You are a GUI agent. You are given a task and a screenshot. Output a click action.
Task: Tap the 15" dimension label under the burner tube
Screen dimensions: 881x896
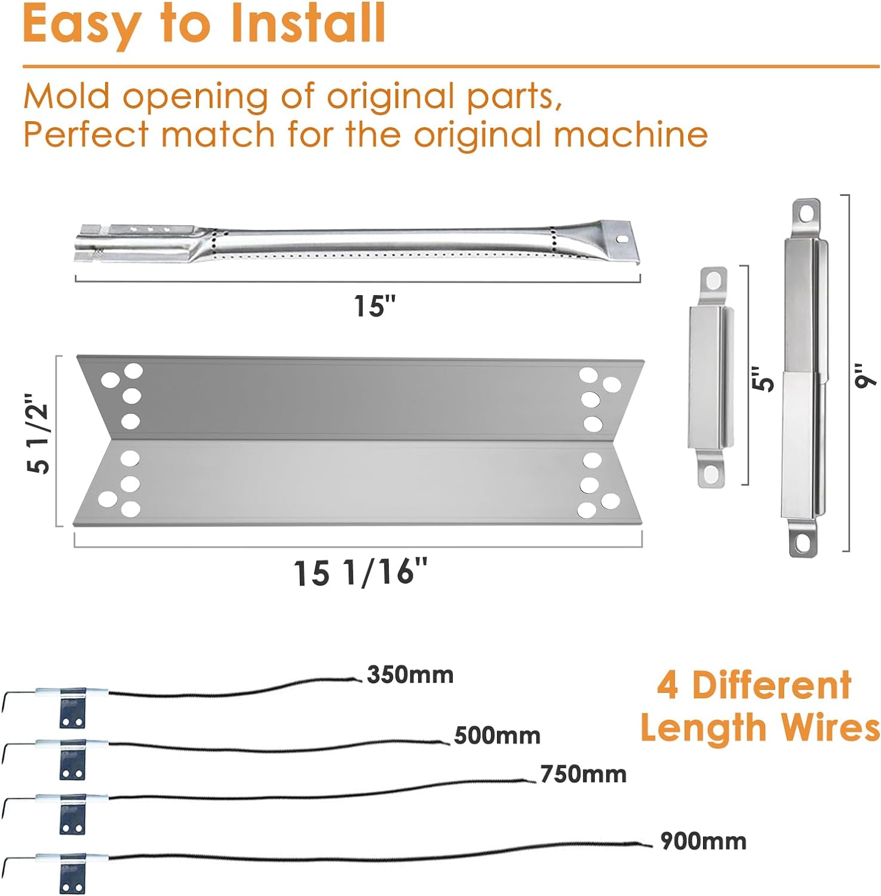point(374,306)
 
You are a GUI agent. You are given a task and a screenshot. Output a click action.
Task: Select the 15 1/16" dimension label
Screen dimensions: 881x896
point(361,572)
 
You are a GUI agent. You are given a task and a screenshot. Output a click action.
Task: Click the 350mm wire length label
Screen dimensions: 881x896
point(410,674)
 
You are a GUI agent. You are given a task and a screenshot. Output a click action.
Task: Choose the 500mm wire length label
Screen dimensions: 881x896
point(497,735)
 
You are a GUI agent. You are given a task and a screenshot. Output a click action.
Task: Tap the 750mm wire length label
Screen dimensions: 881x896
point(584,774)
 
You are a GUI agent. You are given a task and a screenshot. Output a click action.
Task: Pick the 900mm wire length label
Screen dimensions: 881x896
point(703,841)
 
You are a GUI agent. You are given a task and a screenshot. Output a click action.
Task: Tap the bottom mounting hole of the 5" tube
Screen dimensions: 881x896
point(711,475)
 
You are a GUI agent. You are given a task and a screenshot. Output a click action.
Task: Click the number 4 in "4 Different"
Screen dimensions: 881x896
point(667,685)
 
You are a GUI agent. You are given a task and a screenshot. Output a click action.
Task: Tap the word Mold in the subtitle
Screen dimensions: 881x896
point(67,96)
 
